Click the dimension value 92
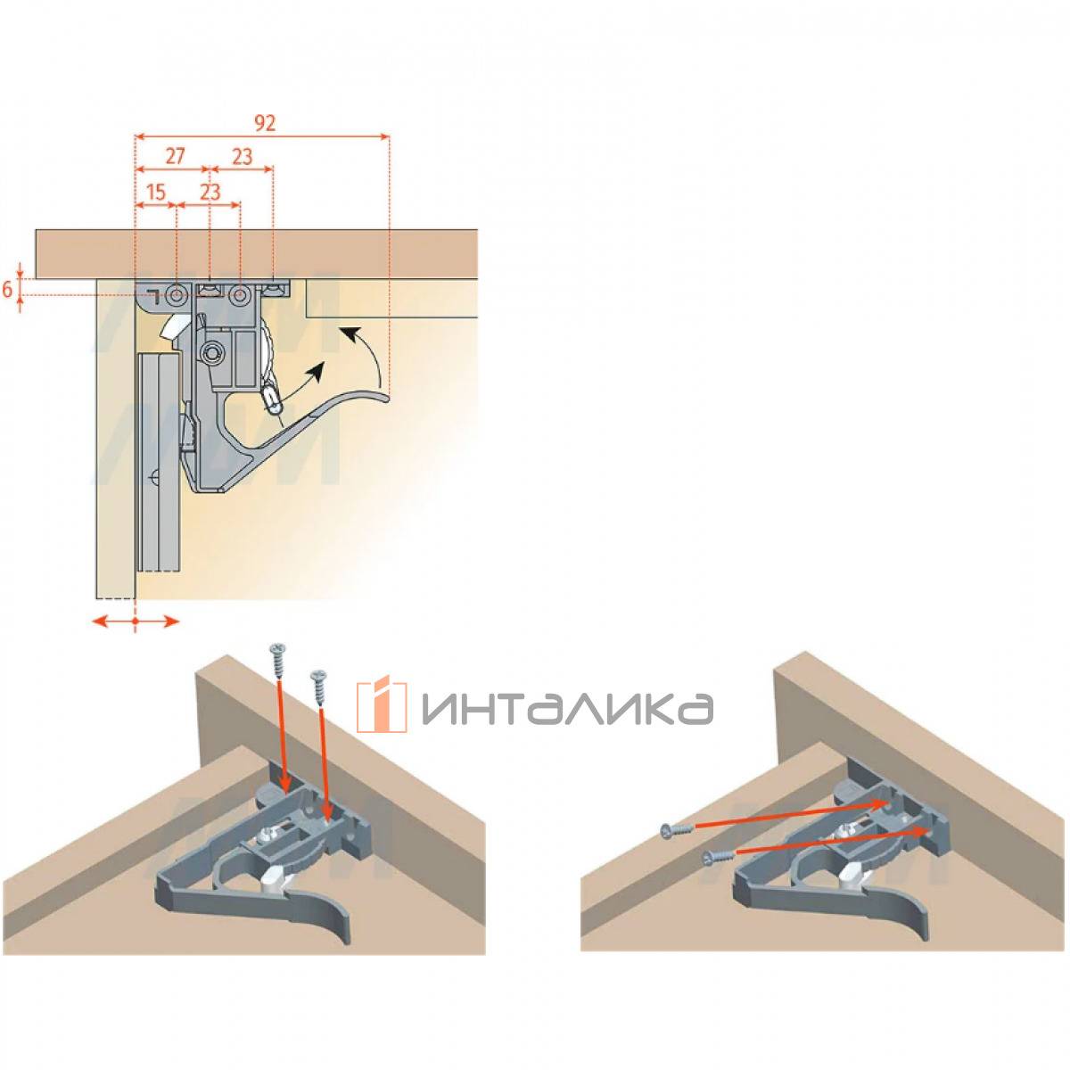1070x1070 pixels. (x=265, y=123)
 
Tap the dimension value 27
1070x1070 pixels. (x=175, y=157)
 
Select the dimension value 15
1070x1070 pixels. (x=155, y=193)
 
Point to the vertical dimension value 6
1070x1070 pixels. (x=8, y=290)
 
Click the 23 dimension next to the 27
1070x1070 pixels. (x=243, y=157)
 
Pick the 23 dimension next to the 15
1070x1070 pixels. (x=210, y=193)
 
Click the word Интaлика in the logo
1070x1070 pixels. (x=567, y=708)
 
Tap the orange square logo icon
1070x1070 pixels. (x=382, y=705)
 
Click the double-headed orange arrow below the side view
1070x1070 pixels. (x=136, y=621)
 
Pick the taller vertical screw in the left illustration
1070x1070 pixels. (x=279, y=664)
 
